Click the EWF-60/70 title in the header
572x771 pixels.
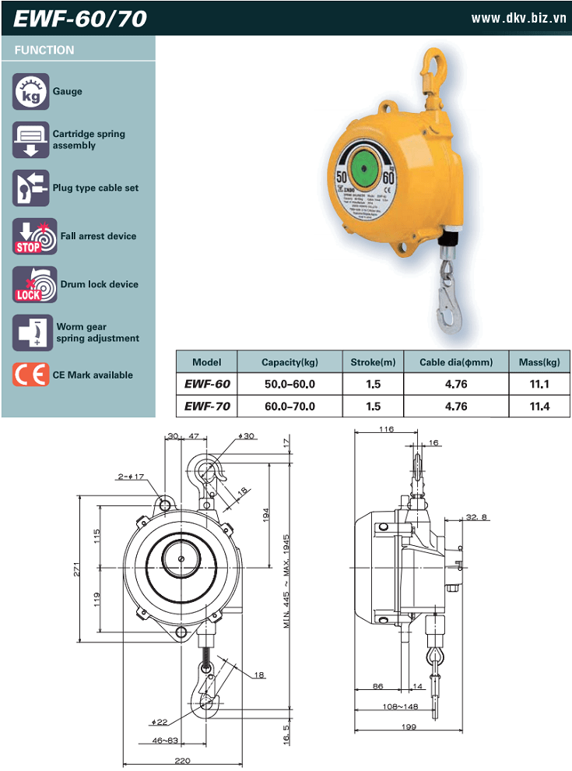tap(80, 19)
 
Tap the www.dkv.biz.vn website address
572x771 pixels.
tap(519, 18)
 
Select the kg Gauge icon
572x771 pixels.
tap(30, 92)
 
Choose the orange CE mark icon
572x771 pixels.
tap(30, 375)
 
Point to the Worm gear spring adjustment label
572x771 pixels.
tap(97, 333)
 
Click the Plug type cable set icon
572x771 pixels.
tap(30, 188)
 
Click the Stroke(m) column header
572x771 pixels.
tap(373, 362)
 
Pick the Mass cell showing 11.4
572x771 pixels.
tap(539, 407)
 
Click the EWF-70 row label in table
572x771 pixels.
tap(207, 407)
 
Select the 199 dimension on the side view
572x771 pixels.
tap(410, 727)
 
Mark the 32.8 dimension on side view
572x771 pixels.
tap(476, 517)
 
